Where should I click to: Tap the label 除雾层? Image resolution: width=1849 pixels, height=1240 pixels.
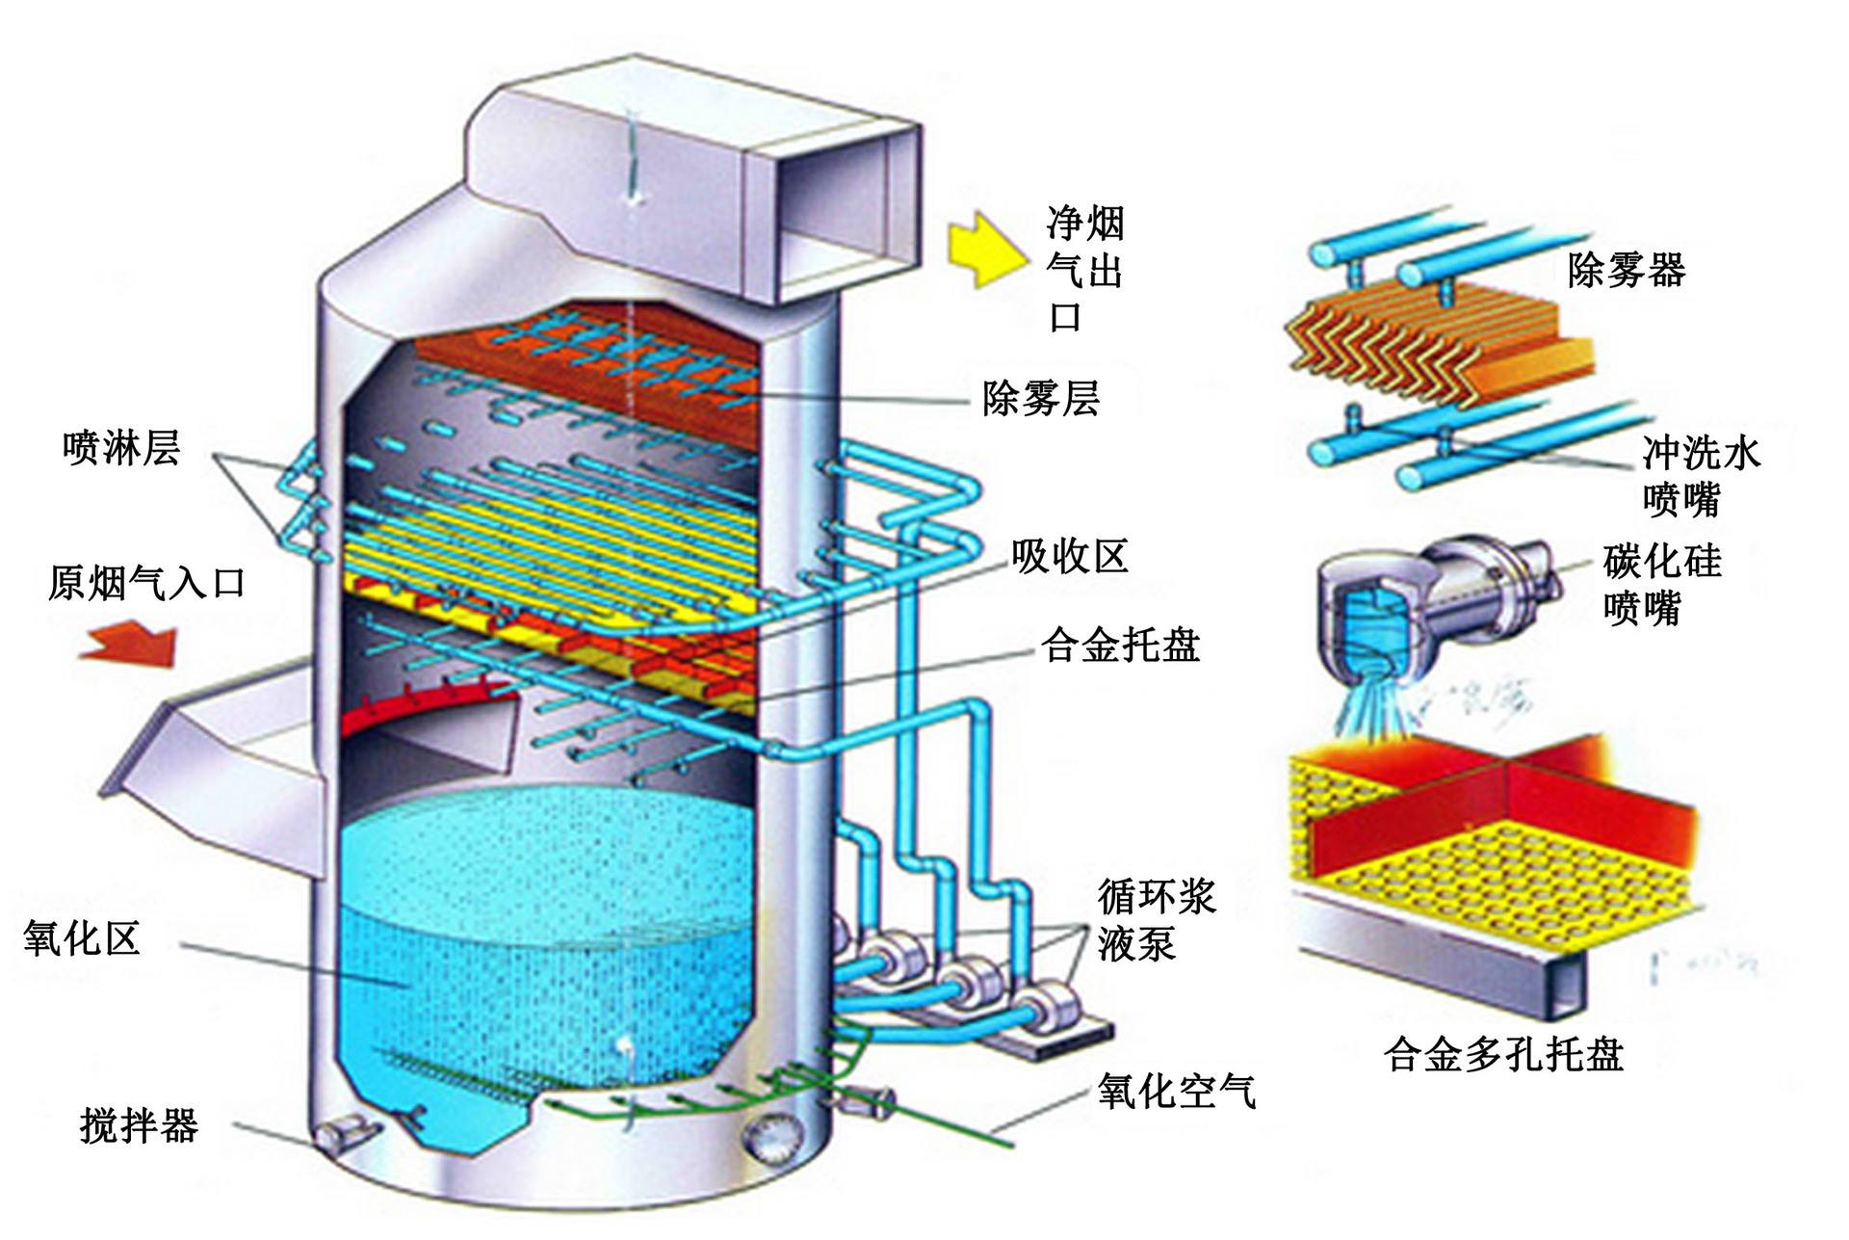pyautogui.click(x=1040, y=397)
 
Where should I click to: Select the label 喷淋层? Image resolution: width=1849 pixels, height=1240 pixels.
pyautogui.click(x=121, y=448)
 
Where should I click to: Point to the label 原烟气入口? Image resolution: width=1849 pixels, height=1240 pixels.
pyautogui.click(x=146, y=583)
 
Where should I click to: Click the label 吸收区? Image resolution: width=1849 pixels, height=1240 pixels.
pyautogui.click(x=1069, y=556)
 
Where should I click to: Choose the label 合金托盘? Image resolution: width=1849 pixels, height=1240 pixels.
pyautogui.click(x=1120, y=645)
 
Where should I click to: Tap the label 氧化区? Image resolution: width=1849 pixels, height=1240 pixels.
pyautogui.click(x=83, y=937)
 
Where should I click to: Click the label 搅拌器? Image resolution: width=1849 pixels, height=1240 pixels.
pyautogui.click(x=139, y=1124)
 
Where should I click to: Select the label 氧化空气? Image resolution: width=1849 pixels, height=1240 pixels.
pyautogui.click(x=1176, y=1091)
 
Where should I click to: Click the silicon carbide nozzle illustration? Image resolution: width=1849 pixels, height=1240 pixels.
pyautogui.click(x=1425, y=597)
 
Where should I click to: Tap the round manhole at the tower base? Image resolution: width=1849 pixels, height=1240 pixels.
pyautogui.click(x=770, y=1137)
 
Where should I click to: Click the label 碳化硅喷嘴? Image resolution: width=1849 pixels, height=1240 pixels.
pyautogui.click(x=1660, y=584)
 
